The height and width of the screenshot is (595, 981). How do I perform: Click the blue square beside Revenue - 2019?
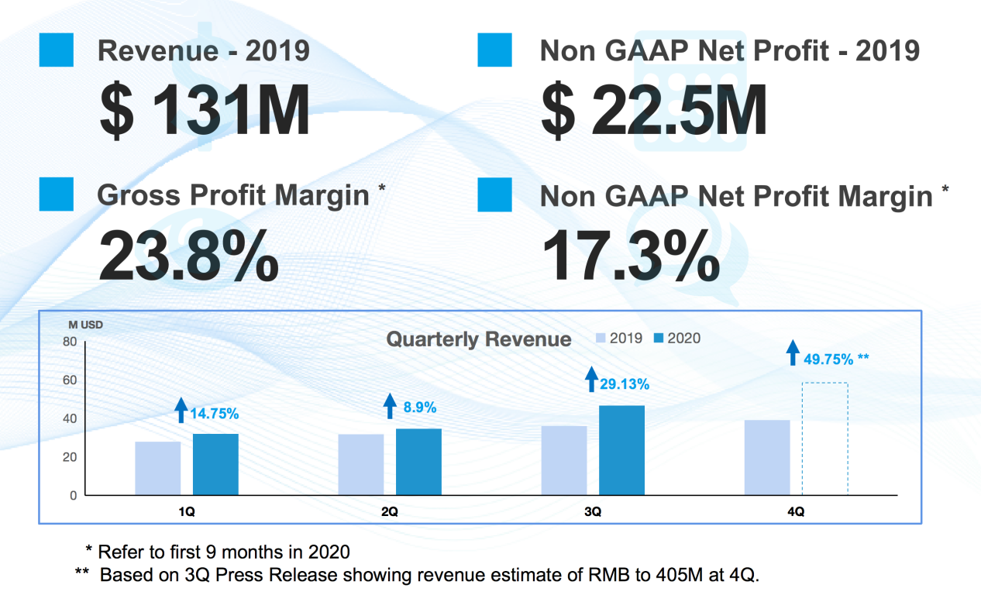(x=56, y=50)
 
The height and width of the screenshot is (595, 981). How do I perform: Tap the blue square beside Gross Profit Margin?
(x=56, y=194)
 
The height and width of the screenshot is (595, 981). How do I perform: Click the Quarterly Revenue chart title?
(x=478, y=339)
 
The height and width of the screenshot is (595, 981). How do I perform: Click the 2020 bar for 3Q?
(x=622, y=450)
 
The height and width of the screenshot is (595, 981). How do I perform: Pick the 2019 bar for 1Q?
(x=158, y=468)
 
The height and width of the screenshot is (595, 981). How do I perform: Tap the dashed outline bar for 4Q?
(x=824, y=439)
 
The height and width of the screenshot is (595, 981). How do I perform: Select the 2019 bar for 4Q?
(x=767, y=457)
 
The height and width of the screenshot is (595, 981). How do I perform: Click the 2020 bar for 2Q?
(x=418, y=462)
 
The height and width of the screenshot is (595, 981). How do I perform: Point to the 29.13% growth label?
(x=625, y=384)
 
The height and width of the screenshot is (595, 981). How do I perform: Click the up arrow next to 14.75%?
(x=181, y=410)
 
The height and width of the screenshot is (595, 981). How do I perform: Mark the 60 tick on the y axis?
(x=70, y=380)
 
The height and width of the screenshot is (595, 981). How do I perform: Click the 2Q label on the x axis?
(x=390, y=512)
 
